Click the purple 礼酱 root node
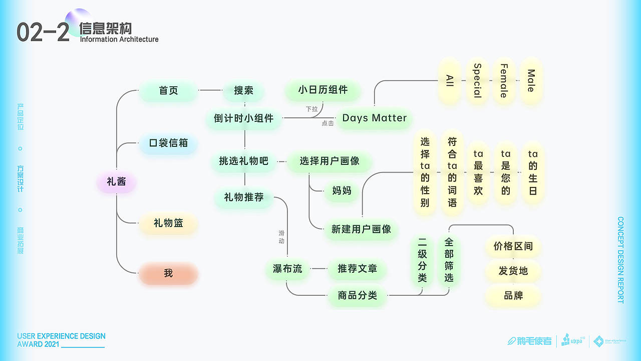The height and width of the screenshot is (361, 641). [x=116, y=182]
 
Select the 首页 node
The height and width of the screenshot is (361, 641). [x=168, y=91]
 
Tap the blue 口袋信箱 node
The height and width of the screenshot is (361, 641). [x=168, y=143]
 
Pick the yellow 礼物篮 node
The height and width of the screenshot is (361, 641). [x=168, y=223]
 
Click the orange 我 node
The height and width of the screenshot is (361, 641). [x=168, y=273]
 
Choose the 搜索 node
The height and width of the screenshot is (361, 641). [x=243, y=91]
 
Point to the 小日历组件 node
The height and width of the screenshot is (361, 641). [x=323, y=90]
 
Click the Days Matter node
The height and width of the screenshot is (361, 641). [x=374, y=118]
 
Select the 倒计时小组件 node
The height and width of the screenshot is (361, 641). [x=244, y=119]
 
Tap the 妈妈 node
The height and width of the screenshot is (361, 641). [x=342, y=191]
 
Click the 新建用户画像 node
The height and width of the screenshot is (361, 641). [x=361, y=229]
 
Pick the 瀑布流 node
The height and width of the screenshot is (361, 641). [x=287, y=269]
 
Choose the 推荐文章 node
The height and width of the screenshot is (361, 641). [x=357, y=269]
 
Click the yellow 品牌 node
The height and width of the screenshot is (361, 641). [x=513, y=296]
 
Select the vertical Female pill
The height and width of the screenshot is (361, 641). [x=504, y=81]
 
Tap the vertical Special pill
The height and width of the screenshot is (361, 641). [x=477, y=81]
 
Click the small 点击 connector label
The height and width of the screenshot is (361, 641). [x=328, y=123]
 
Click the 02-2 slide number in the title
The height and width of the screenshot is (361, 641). [x=43, y=33]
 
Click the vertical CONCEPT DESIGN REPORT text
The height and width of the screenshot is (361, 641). [x=620, y=260]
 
